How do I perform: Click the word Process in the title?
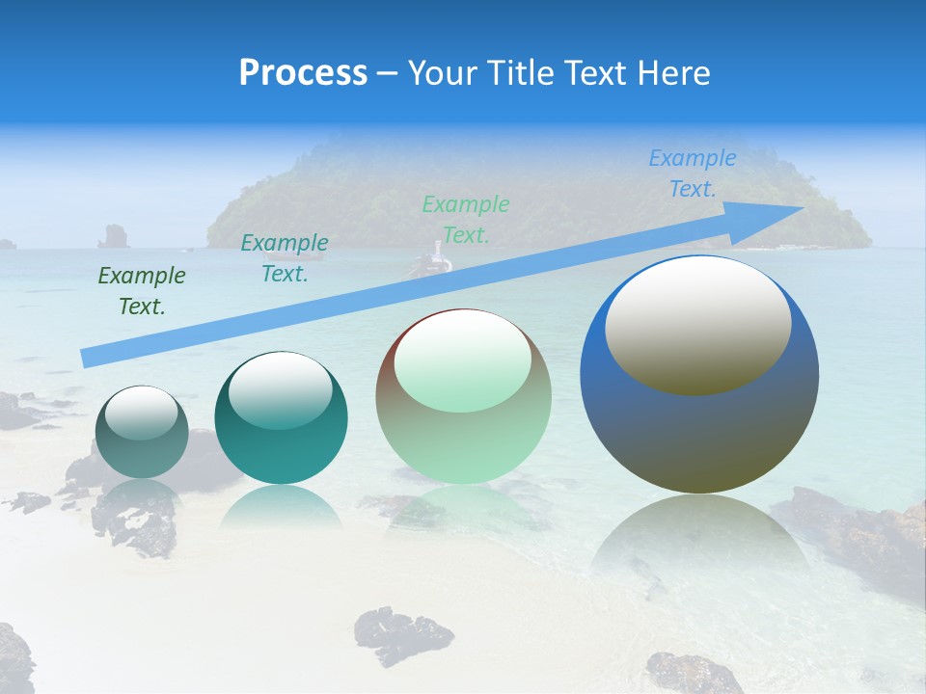[x=303, y=73]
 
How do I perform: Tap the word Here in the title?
[x=671, y=73]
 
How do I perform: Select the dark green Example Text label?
[x=141, y=291]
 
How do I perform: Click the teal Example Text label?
[x=284, y=257]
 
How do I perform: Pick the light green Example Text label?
[x=465, y=219]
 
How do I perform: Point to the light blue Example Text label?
[x=692, y=173]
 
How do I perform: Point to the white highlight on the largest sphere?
[x=697, y=323]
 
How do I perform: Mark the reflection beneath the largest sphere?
[x=699, y=540]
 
